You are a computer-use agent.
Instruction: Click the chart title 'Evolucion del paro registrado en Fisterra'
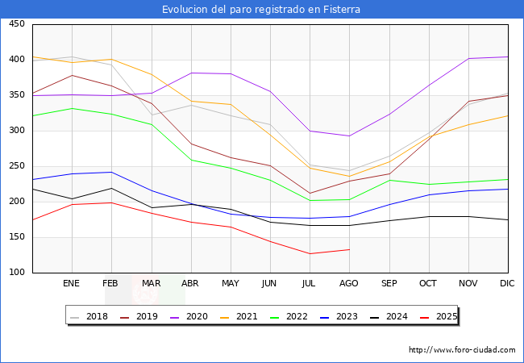coord(261,10)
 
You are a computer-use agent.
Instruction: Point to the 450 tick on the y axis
coord(16,24)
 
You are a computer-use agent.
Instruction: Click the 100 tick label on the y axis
coord(16,273)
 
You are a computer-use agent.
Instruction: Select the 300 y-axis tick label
coord(16,131)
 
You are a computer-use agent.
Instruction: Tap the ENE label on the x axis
coord(72,284)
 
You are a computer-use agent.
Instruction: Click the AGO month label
coord(349,284)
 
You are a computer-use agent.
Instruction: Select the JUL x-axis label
coord(310,284)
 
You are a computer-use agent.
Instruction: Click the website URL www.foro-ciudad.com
coord(462,350)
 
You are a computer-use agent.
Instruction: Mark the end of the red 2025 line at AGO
coord(349,249)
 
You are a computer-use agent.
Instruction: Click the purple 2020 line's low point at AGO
coord(349,136)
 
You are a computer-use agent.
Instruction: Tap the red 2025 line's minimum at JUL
coord(310,254)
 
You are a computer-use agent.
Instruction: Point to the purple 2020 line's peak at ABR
coord(191,73)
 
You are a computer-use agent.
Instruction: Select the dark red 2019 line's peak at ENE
coord(72,75)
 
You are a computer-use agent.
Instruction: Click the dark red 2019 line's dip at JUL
coord(310,194)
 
